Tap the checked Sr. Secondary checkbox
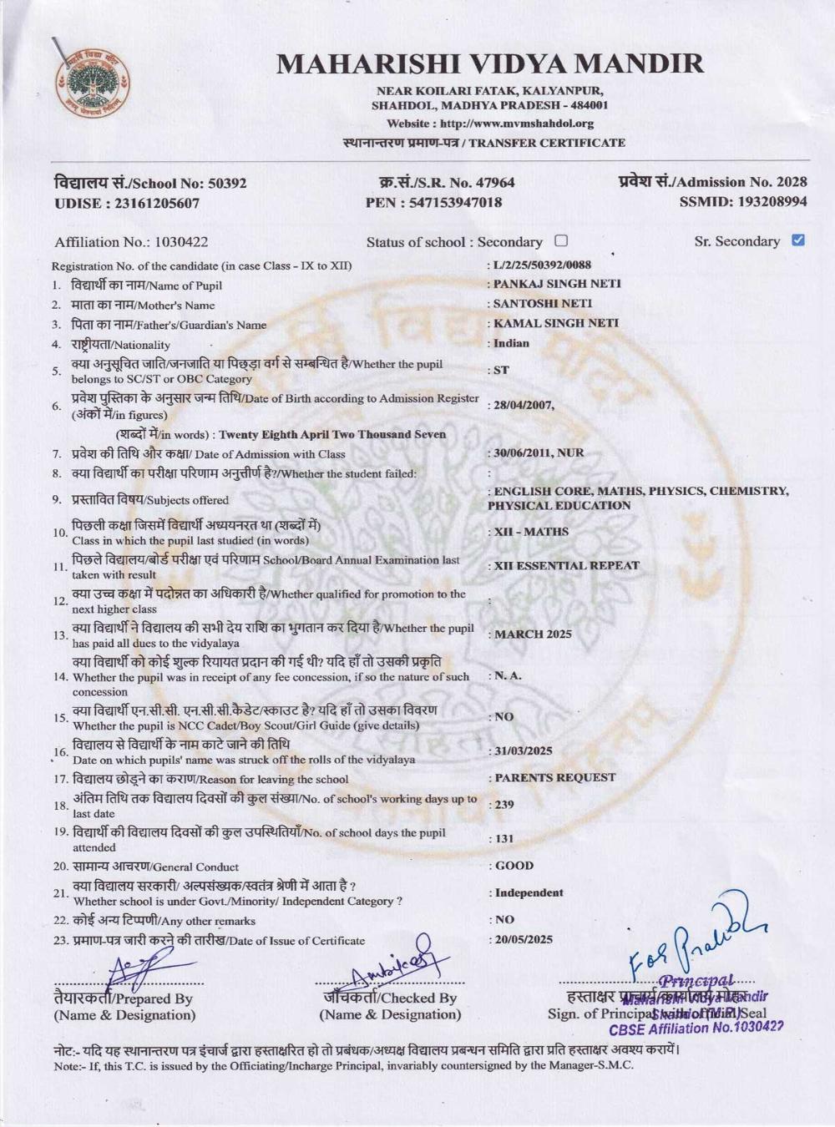[797, 240]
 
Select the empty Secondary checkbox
[560, 241]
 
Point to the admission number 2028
[792, 182]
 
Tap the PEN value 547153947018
[456, 203]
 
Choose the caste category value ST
[501, 370]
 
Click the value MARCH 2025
[533, 634]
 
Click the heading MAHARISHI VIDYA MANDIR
[490, 64]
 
